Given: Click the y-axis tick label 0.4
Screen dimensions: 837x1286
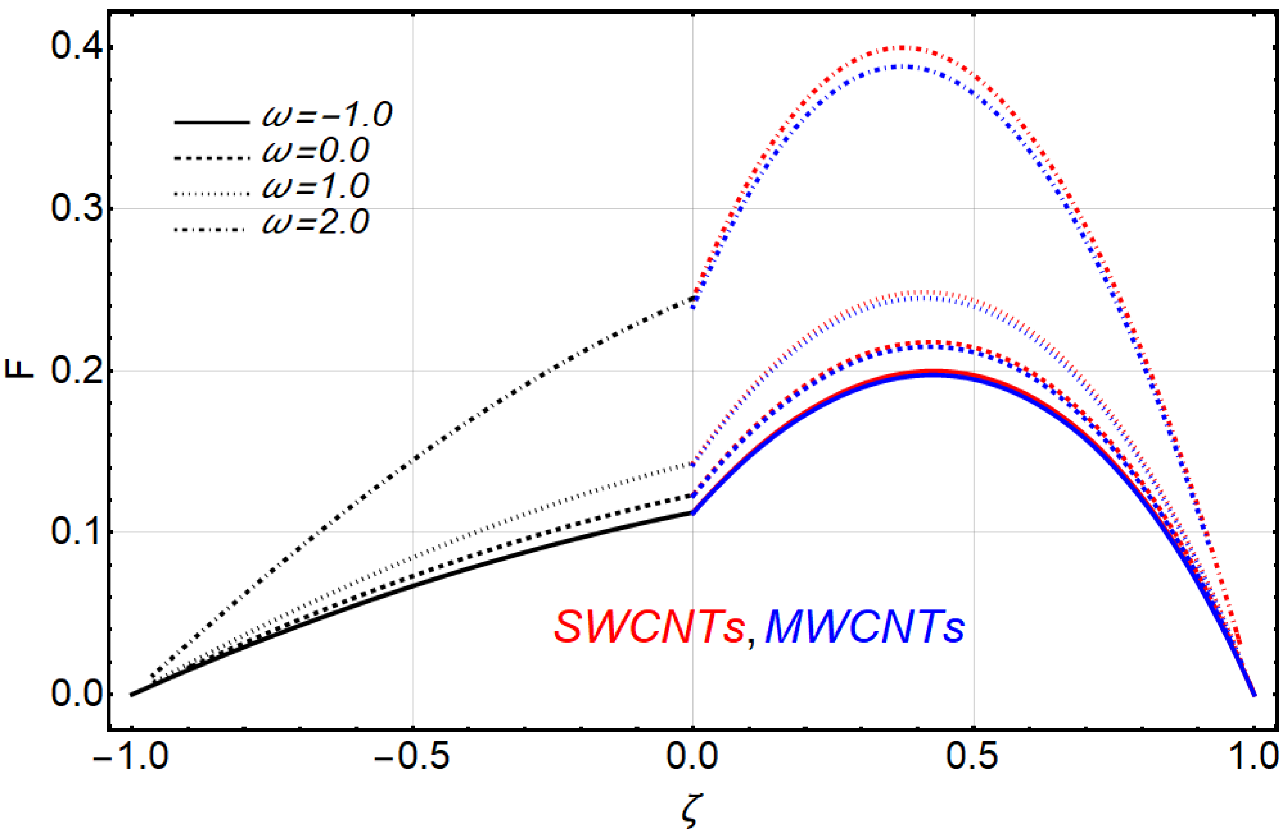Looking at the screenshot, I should (77, 47).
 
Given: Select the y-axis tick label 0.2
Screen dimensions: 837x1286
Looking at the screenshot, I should (77, 371).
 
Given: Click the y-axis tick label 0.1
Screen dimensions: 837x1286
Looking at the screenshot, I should (77, 532).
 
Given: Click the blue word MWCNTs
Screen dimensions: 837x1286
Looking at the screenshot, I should (864, 627).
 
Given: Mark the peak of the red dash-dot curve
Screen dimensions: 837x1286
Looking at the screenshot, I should (901, 48).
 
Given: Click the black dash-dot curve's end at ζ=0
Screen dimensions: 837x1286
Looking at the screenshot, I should (692, 298).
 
